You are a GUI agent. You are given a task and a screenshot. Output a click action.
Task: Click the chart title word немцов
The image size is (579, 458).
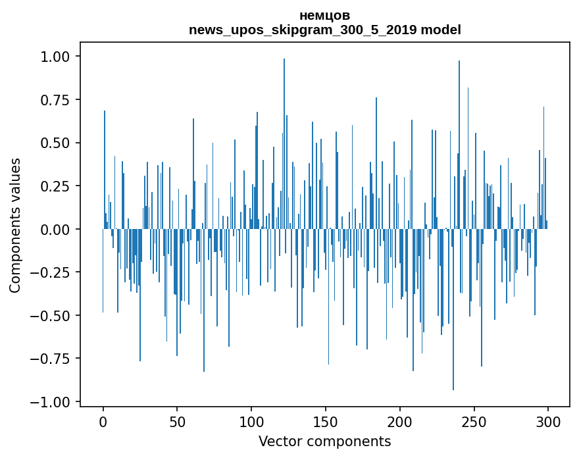(x=324, y=16)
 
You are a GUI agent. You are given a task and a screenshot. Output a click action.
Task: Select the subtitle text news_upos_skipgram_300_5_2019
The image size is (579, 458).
(x=303, y=30)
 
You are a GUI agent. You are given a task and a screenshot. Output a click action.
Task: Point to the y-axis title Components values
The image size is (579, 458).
(x=15, y=225)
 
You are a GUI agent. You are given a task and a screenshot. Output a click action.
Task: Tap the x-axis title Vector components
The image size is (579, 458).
(x=324, y=442)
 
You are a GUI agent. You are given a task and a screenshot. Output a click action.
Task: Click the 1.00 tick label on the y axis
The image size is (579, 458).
(x=55, y=57)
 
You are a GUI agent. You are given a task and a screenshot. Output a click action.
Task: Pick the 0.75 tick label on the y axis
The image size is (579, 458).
(x=55, y=100)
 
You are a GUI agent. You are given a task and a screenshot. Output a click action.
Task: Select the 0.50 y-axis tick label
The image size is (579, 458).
(x=55, y=143)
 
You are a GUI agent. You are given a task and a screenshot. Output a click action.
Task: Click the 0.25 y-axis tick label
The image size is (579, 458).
(x=55, y=186)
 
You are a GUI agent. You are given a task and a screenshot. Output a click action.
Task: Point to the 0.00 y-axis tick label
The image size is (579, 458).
(x=55, y=229)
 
